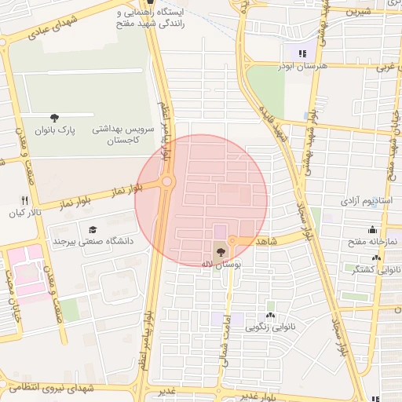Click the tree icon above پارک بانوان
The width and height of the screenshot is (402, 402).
point(54,118)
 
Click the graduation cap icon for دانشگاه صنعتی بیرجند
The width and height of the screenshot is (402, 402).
point(93,229)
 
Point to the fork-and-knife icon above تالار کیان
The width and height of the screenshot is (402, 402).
point(24,200)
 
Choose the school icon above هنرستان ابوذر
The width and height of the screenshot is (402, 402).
point(301,54)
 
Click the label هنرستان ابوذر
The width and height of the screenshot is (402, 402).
point(301,66)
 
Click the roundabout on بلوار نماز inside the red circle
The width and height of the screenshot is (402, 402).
point(167,182)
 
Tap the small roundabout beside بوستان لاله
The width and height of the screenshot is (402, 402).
point(232,241)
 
